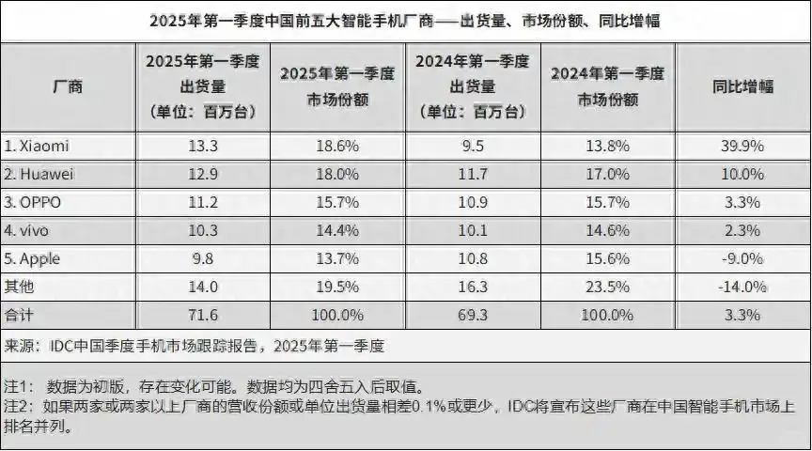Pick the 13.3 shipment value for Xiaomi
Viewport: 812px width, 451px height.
tap(205, 146)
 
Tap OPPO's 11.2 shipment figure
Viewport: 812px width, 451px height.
tap(205, 202)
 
